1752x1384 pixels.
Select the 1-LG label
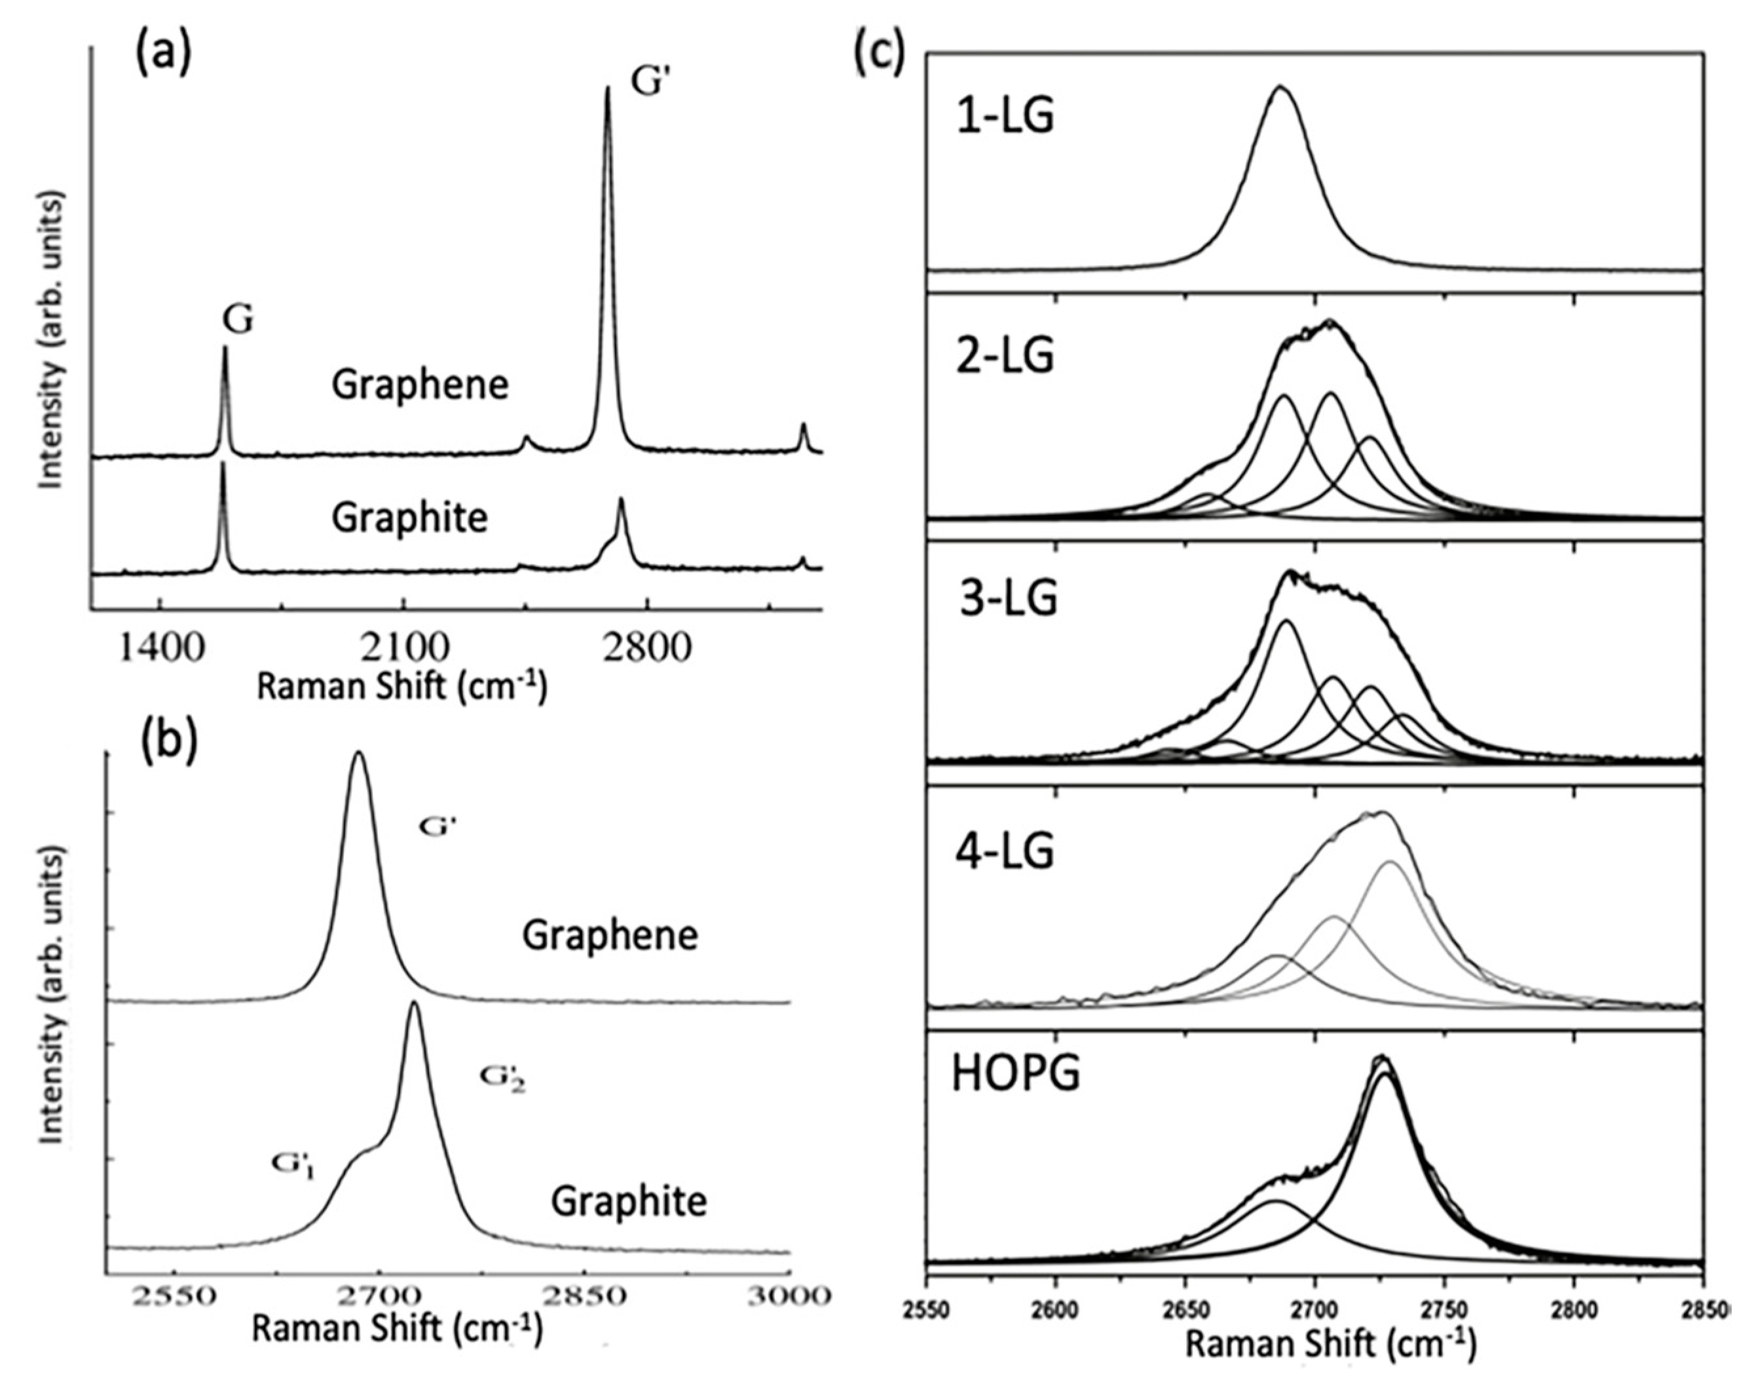[x=1005, y=116]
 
